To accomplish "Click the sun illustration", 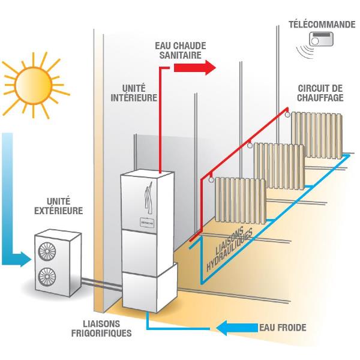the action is pyautogui.click(x=34, y=85).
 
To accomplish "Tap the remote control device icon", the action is pyautogui.click(x=321, y=39).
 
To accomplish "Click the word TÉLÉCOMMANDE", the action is pyautogui.click(x=322, y=25).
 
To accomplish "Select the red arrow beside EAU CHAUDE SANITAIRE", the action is pyautogui.click(x=194, y=68).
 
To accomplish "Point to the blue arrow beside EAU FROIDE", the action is pyautogui.click(x=237, y=328).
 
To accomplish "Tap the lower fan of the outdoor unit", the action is pyautogui.click(x=47, y=277).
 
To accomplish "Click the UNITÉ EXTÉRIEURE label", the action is pyautogui.click(x=59, y=206).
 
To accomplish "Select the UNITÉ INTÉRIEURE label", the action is pyautogui.click(x=134, y=93).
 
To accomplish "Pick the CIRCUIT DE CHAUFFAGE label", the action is pyautogui.click(x=320, y=93).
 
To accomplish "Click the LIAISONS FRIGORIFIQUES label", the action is pyautogui.click(x=101, y=328).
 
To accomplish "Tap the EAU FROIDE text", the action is pyautogui.click(x=283, y=328).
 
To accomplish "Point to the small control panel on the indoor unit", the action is pyautogui.click(x=147, y=223).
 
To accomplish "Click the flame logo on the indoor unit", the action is pyautogui.click(x=148, y=198).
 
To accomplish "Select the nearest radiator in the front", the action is pyautogui.click(x=241, y=200).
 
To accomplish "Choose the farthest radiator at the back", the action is pyautogui.click(x=317, y=135).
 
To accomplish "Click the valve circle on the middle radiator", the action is pyautogui.click(x=250, y=145).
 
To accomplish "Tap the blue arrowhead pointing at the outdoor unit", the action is pyautogui.click(x=25, y=259).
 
